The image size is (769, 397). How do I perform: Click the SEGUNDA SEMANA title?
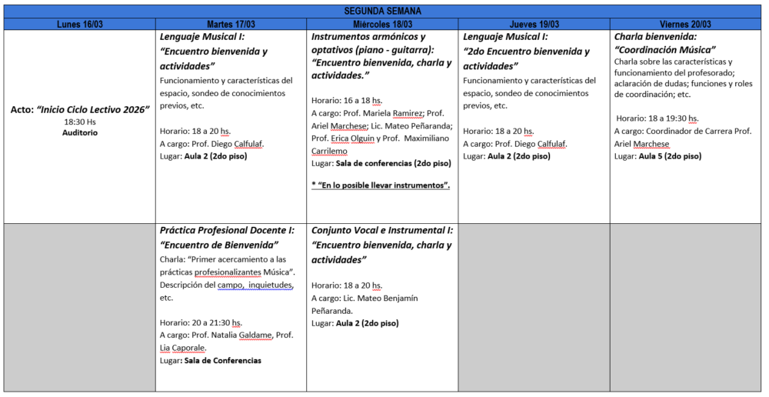pos(382,11)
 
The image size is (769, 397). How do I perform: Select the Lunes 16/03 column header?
pos(80,25)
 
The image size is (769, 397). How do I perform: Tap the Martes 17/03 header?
pos(231,25)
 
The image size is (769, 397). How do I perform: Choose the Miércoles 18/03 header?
pos(382,25)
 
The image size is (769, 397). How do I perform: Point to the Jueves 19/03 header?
pos(534,25)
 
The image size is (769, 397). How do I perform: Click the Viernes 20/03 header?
pos(686,25)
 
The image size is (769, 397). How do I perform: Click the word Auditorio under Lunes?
pos(80,132)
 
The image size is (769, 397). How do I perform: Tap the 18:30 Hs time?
pos(80,122)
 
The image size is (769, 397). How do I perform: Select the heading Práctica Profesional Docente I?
pos(228,230)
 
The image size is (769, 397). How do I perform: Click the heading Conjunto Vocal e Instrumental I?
pos(382,230)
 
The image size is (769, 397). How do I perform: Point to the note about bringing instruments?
pos(381,185)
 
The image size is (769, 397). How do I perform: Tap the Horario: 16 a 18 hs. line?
pos(347,100)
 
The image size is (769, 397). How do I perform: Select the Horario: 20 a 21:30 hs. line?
pos(201,322)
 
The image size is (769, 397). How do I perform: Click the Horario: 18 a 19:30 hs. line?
pos(657,118)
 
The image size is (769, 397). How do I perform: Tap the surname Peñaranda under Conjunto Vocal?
pos(338,311)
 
